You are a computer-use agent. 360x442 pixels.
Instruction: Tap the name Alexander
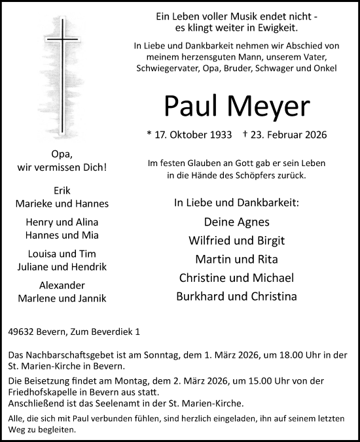[x=62, y=286]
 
